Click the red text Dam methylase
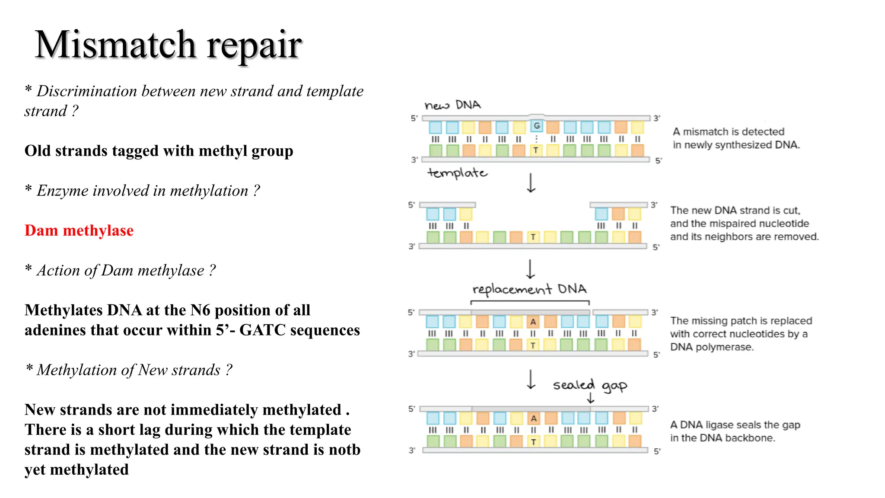pyautogui.click(x=79, y=230)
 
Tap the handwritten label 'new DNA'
pyautogui.click(x=452, y=105)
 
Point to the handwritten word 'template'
pyautogui.click(x=457, y=173)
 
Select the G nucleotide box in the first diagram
pyautogui.click(x=537, y=126)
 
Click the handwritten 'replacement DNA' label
pyautogui.click(x=529, y=289)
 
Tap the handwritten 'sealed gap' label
pyautogui.click(x=590, y=385)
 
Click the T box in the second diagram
pyautogui.click(x=533, y=237)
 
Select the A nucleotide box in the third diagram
pyautogui.click(x=533, y=322)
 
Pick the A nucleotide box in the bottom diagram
pyautogui.click(x=534, y=418)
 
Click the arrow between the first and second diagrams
pyautogui.click(x=531, y=183)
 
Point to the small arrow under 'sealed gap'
pyautogui.click(x=591, y=398)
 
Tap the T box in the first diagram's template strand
pyautogui.click(x=535, y=150)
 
